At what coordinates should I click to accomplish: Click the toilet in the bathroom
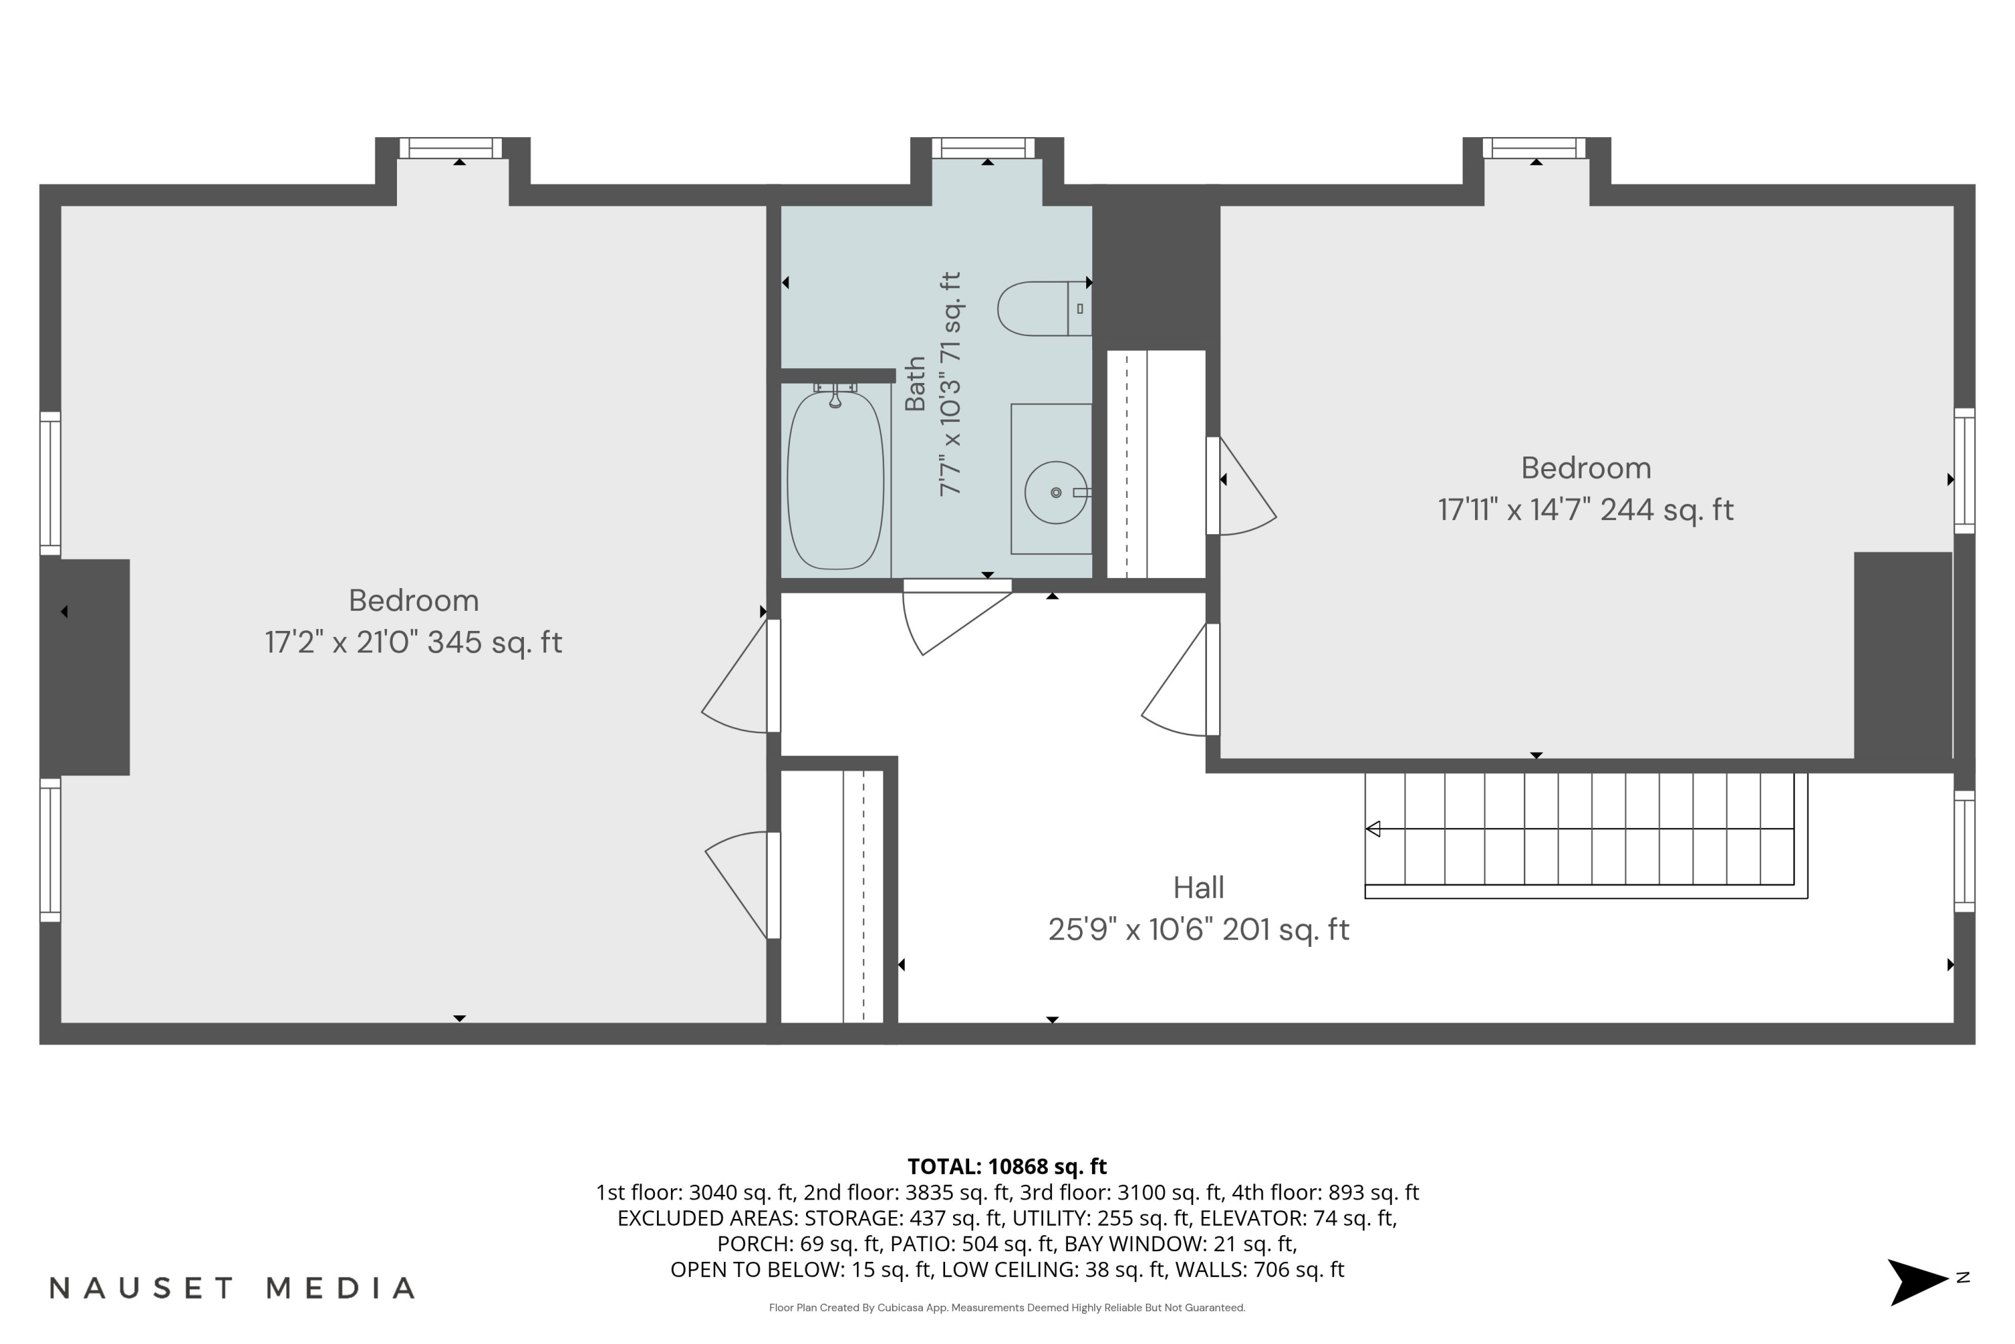[1044, 308]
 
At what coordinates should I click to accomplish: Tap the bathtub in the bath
[836, 480]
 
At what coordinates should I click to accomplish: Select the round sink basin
[1055, 492]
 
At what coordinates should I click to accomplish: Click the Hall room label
[1198, 887]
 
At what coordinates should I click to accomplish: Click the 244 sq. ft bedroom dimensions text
[1586, 510]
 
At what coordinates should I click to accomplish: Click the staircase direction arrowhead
[1372, 829]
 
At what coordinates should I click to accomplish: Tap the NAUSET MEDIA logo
[232, 1288]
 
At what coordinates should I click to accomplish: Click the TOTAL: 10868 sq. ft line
[1007, 1167]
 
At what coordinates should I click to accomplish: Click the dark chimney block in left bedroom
[86, 667]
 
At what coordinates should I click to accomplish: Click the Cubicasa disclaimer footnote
[1007, 1308]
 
